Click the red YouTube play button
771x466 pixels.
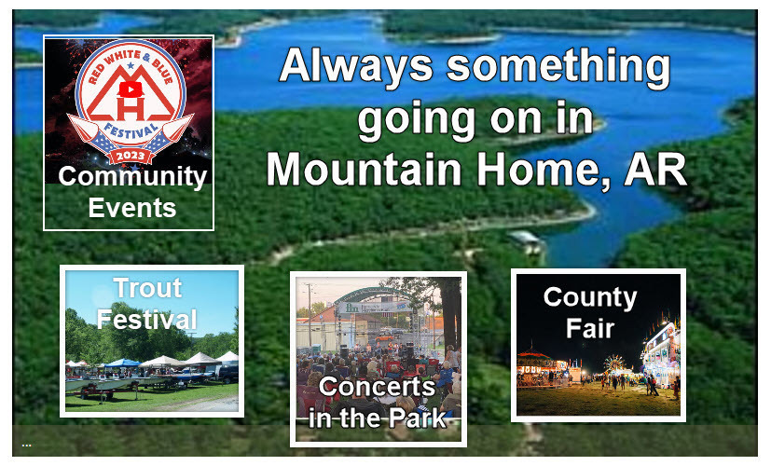[x=131, y=89]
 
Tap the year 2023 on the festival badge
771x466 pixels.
[x=131, y=156]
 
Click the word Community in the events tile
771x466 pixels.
[x=132, y=177]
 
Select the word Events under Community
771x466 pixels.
[x=132, y=208]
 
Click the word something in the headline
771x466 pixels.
[x=558, y=68]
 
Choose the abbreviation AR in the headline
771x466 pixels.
[x=655, y=168]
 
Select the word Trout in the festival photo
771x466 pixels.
[x=147, y=288]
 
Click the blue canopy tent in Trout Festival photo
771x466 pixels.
[x=122, y=363]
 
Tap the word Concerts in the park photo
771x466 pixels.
[x=378, y=387]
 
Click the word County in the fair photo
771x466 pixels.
[x=590, y=298]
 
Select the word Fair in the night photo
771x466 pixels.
[x=590, y=328]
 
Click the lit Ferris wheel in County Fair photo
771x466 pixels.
[x=613, y=363]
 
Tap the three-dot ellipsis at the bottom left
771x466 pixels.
[x=26, y=445]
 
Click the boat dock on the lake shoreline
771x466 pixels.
[x=525, y=240]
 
